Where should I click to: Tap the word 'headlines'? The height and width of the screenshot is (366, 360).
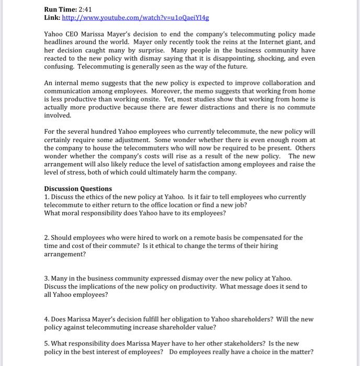[61, 42]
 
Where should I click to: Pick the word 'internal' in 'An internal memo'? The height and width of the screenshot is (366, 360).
[71, 83]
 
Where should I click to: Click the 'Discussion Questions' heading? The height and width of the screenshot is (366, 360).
[78, 189]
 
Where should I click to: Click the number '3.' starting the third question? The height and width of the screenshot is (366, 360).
[47, 278]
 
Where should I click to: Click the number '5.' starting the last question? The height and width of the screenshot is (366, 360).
[47, 344]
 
